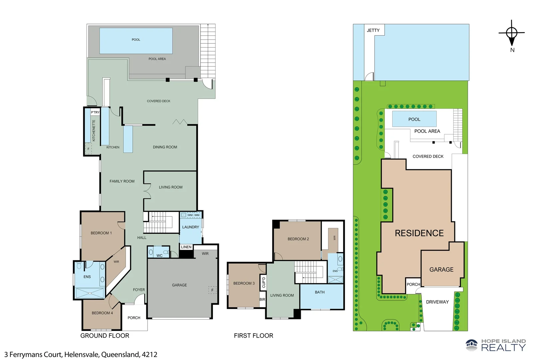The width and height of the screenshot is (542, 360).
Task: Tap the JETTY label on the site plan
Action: pos(373,30)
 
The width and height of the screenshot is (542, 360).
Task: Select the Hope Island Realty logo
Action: pos(496,345)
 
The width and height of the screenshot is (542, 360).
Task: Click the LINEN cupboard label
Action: pos(186,247)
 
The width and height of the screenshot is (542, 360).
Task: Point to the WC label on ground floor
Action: pos(160,256)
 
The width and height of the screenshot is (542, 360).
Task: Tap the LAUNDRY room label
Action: pos(191,227)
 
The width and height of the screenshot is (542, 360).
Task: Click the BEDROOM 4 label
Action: pos(102,313)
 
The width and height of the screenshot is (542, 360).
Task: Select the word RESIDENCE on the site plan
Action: pos(419,233)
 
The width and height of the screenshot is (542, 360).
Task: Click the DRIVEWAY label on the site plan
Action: pos(437,302)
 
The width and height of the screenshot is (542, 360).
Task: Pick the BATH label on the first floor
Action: pos(320,292)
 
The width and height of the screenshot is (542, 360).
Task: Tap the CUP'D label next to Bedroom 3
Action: pos(264,282)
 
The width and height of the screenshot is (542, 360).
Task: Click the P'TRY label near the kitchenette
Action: pos(95,112)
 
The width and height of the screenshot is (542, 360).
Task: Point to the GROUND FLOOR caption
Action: pos(105,336)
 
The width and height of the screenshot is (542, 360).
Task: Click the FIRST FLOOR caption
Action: pos(254,336)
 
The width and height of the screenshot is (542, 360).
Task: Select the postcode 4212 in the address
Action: pos(149,355)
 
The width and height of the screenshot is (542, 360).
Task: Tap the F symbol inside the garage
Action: pos(212,290)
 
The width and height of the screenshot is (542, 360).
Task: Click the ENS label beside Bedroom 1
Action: pos(87,277)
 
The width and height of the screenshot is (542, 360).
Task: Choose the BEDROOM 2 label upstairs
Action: pos(298,239)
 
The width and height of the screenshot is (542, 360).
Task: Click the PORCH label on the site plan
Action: pos(413,284)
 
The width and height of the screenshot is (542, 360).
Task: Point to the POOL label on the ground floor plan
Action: pos(136,40)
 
